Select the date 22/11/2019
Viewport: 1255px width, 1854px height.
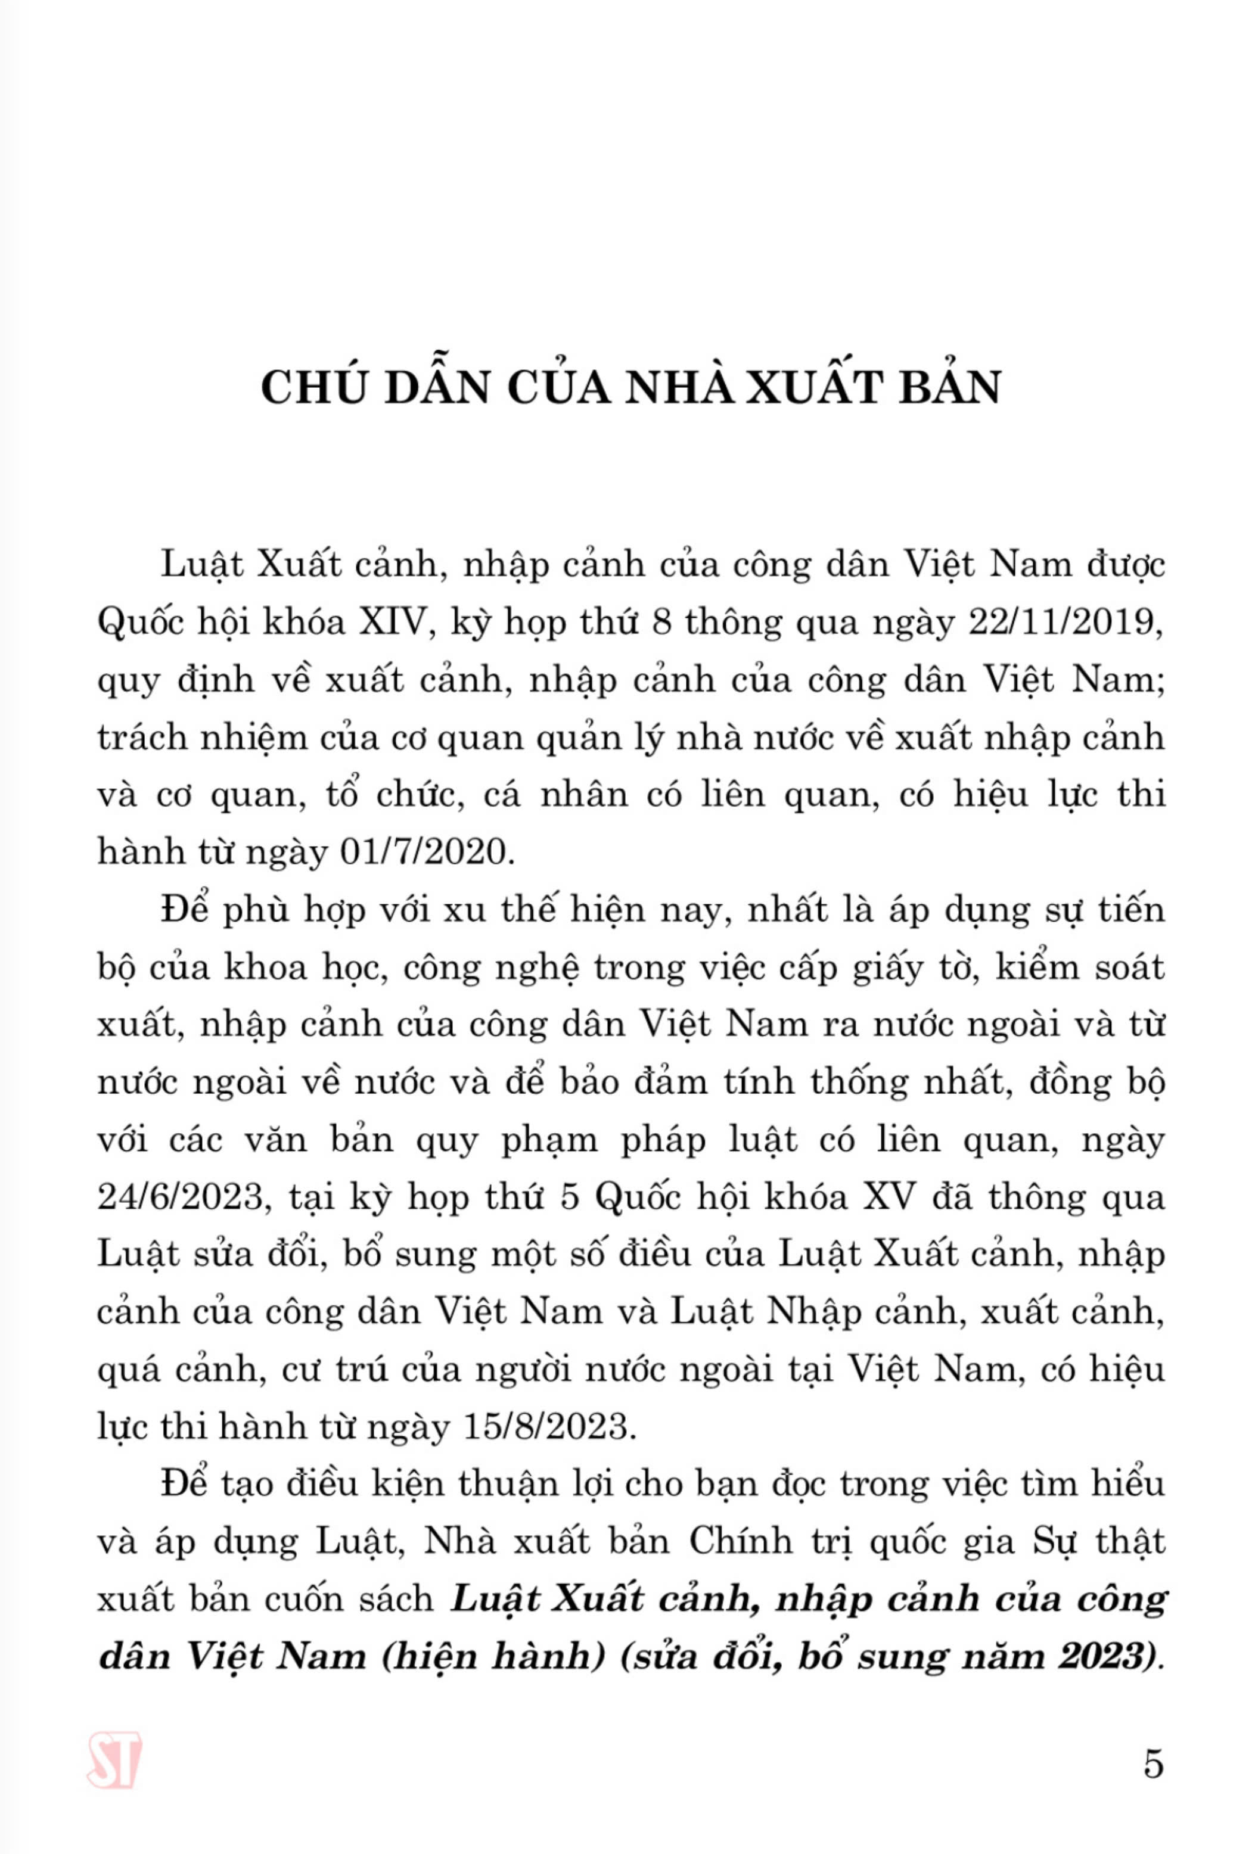pyautogui.click(x=1064, y=621)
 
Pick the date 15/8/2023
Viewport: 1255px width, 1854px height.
pyautogui.click(x=549, y=1426)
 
